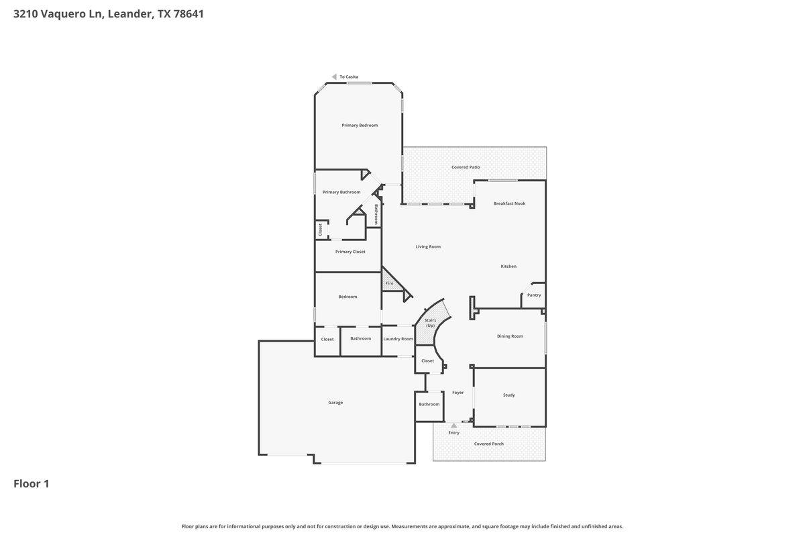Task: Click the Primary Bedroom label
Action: coord(360,126)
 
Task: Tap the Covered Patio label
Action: coord(466,167)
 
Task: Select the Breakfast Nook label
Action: coord(509,203)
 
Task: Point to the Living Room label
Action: coord(428,247)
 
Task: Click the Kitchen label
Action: coord(508,266)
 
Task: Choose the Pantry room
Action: coord(534,295)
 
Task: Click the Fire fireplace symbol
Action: coord(390,283)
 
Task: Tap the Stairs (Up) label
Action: coord(430,323)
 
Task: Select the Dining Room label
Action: coord(510,336)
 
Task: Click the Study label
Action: coord(509,395)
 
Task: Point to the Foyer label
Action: coord(458,393)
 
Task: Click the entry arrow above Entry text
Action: coord(454,426)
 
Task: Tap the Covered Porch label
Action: coord(489,444)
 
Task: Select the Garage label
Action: coord(335,403)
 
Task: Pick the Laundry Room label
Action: coord(398,339)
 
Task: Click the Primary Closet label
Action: coord(350,252)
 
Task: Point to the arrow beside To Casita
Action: coord(334,77)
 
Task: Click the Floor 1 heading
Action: coord(32,483)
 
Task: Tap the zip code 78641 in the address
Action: coord(189,13)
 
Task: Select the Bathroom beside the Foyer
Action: coord(429,404)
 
